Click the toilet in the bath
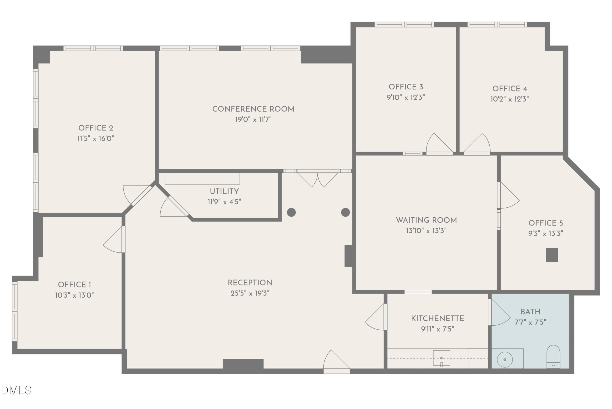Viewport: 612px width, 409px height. click(553, 357)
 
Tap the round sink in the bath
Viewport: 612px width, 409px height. click(505, 360)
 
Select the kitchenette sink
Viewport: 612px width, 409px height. click(441, 358)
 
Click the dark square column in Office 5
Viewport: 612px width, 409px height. click(552, 255)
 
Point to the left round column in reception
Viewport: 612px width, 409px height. click(291, 212)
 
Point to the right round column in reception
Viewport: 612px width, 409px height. click(345, 212)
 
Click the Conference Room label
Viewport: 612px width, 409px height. click(253, 109)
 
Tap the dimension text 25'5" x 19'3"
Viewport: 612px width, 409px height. click(250, 293)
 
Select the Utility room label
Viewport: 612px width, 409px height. click(224, 191)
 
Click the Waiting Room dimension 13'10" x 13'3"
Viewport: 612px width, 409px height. click(426, 231)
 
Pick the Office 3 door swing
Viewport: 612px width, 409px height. click(437, 144)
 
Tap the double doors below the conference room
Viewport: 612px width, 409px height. click(317, 179)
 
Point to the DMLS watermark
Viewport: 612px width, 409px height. click(16, 390)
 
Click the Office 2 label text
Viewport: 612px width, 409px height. click(96, 128)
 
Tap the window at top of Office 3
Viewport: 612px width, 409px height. click(404, 25)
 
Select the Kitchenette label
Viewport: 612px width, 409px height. click(437, 318)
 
